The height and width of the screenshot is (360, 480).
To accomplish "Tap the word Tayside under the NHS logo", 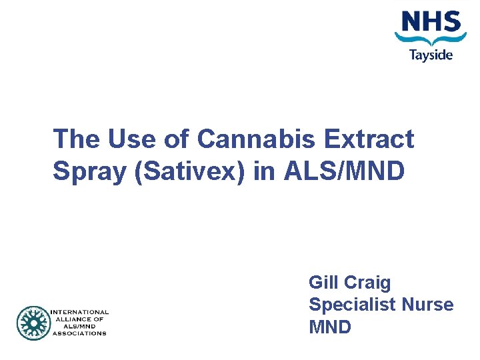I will (x=431, y=55).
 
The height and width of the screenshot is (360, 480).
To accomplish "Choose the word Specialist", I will (x=351, y=305).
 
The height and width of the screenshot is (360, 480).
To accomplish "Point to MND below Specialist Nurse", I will (x=330, y=327).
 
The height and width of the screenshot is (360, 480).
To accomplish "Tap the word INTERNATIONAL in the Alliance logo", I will (x=79, y=312).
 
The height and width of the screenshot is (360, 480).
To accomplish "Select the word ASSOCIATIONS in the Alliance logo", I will (x=78, y=333).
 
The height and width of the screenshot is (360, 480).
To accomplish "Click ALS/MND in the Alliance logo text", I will (x=78, y=326).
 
